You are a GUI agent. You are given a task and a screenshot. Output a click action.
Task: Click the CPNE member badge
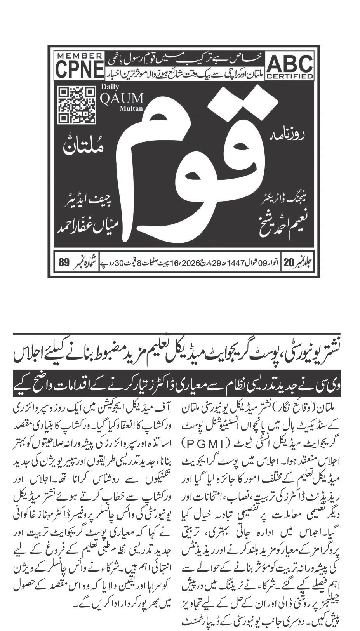pos(78,66)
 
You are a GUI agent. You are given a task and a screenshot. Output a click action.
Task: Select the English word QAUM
pos(122,99)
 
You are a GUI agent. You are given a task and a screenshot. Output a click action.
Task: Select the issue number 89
pos(63,262)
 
